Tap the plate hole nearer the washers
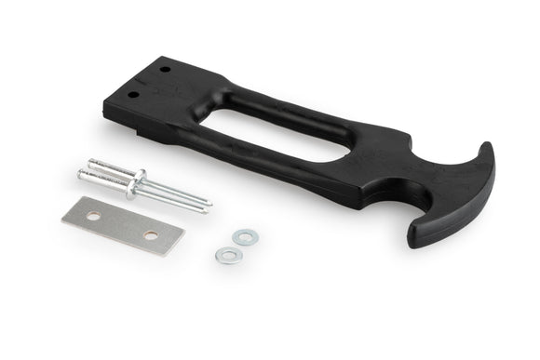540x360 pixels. coord(151,235)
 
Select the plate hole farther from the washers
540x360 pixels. coord(94,216)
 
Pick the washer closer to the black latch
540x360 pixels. coord(245,237)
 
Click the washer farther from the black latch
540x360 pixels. coord(225,254)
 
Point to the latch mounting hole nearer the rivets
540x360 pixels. coord(133,93)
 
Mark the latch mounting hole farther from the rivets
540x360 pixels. coord(166,70)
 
